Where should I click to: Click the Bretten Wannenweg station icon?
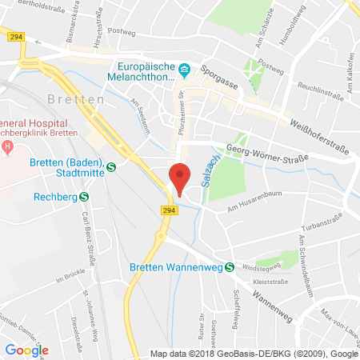pyautogui.click(x=230, y=267)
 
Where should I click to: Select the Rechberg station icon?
pyautogui.click(x=84, y=194)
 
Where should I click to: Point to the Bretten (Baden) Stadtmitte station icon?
pyautogui.click(x=111, y=166)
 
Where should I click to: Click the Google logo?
pyautogui.click(x=26, y=349)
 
